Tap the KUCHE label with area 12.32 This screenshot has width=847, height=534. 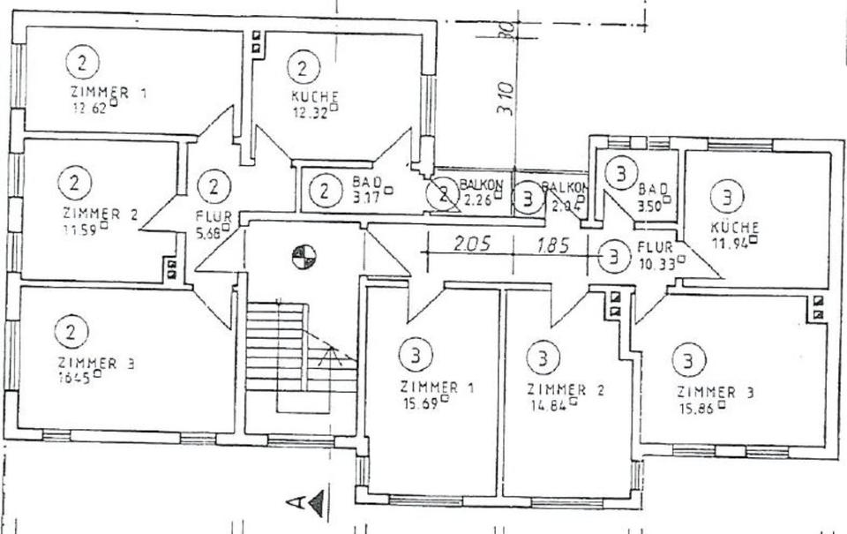315,95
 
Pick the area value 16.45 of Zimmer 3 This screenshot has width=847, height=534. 76,377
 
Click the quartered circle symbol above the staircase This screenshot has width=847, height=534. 304,257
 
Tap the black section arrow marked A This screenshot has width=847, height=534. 315,503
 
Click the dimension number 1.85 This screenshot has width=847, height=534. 553,244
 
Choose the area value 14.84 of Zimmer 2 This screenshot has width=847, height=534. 549,404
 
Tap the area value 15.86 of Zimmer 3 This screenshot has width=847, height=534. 697,408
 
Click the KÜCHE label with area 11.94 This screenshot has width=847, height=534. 734,227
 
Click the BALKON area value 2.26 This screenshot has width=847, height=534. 477,199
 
